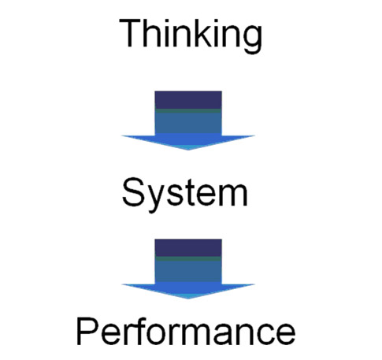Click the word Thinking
click(x=191, y=36)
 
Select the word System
click(x=185, y=195)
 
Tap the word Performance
click(x=186, y=331)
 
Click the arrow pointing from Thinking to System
click(x=188, y=121)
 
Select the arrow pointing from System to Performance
click(x=188, y=269)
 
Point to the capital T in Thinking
click(x=130, y=33)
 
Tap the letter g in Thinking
click(x=251, y=40)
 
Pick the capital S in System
click(x=133, y=192)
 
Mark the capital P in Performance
click(x=87, y=331)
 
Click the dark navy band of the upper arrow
click(x=188, y=100)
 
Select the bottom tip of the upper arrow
click(x=188, y=150)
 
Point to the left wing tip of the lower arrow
click(x=121, y=284)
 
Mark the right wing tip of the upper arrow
click(x=254, y=135)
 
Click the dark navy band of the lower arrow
click(x=188, y=248)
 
